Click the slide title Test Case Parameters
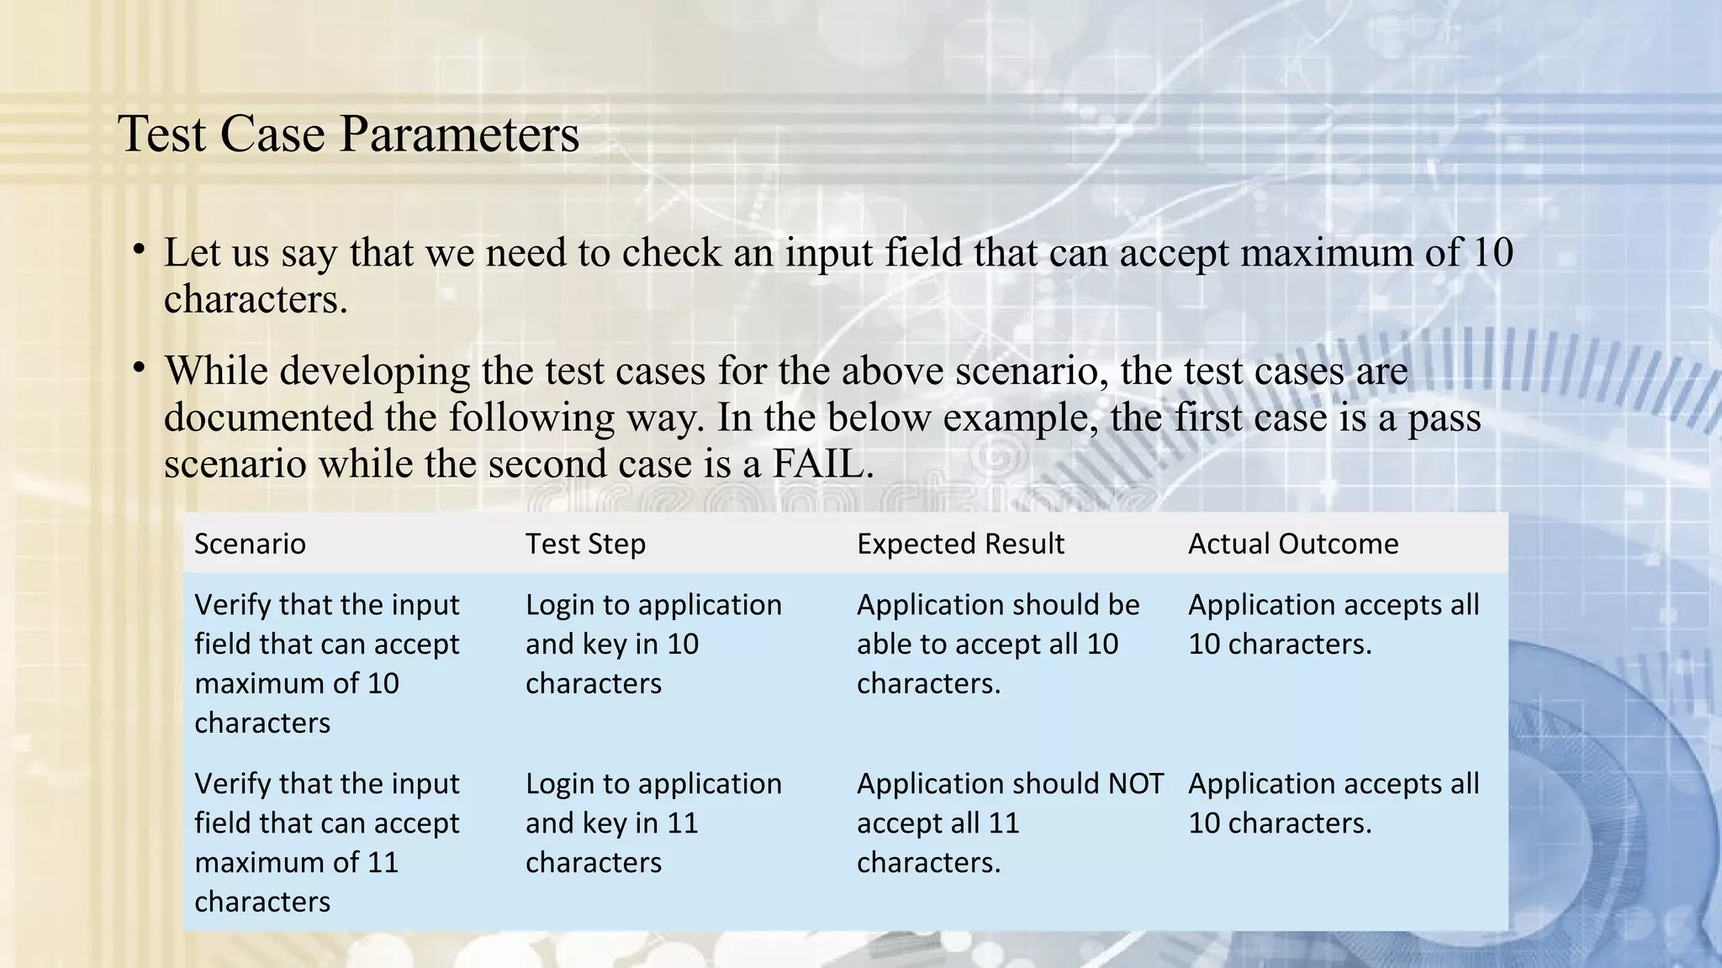[348, 134]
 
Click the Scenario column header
[250, 544]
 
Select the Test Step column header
[585, 544]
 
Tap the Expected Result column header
[960, 544]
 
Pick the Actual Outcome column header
[1293, 544]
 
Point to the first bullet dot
[140, 250]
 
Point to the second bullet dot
[140, 368]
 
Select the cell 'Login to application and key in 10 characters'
[653, 644]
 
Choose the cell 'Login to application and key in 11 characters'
[653, 823]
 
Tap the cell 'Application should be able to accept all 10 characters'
[997, 644]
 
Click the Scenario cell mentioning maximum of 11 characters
[326, 842]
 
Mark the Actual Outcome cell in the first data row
[1333, 624]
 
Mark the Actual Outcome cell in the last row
[1333, 803]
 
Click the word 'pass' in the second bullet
[1444, 418]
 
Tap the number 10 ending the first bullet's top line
[1492, 252]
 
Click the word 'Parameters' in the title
[458, 134]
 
